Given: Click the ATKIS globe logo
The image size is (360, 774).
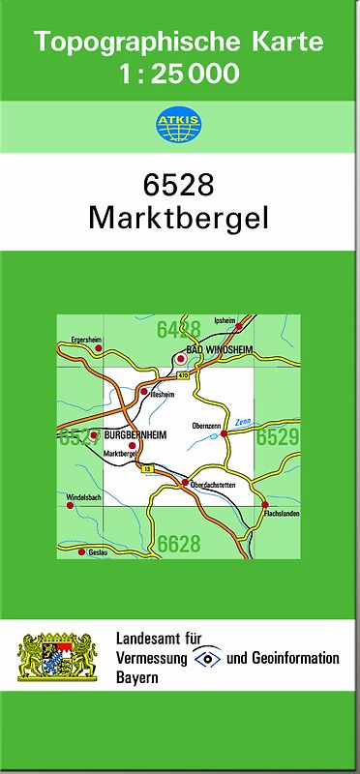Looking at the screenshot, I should (x=179, y=125).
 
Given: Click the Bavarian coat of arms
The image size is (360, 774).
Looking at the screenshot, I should (x=57, y=657).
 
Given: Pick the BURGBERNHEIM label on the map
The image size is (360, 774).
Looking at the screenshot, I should (x=135, y=435).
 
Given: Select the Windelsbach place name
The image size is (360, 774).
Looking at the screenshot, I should (x=83, y=497).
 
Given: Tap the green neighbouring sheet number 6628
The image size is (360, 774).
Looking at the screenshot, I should (x=179, y=544).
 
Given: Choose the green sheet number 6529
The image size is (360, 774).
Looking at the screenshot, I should (x=277, y=438).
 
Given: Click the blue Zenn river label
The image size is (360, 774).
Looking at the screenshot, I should (x=243, y=421).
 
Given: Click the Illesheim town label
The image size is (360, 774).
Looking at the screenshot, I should (x=162, y=395).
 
